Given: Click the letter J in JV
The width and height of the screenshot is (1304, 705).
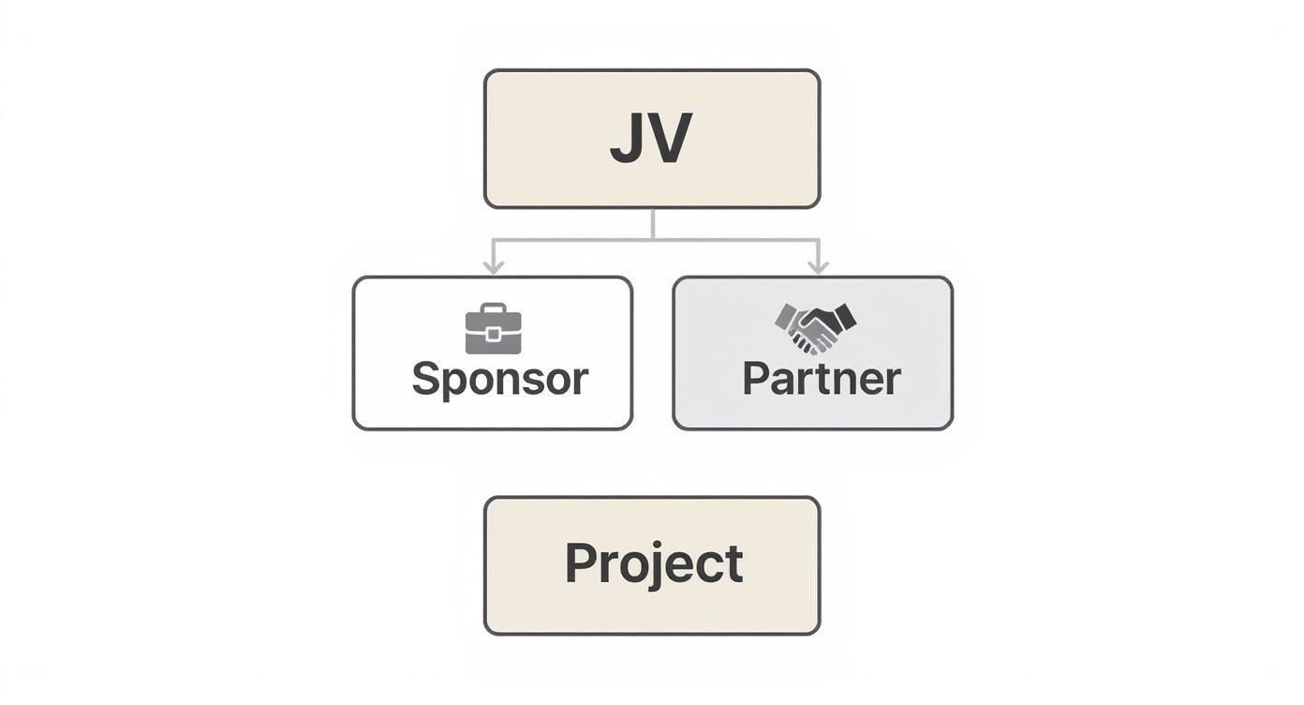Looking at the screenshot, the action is point(626,141).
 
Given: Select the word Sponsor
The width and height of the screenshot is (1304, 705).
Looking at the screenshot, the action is point(500,379).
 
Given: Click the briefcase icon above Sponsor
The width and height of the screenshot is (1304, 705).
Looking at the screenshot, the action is point(493,329).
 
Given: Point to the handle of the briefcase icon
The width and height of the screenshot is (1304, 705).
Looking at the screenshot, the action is point(493,308).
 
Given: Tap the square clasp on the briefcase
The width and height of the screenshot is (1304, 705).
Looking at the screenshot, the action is point(493,334).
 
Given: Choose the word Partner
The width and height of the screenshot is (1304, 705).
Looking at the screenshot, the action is point(821,379).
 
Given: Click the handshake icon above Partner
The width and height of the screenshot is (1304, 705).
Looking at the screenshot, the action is point(814,327).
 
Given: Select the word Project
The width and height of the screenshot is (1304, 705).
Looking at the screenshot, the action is point(653,563).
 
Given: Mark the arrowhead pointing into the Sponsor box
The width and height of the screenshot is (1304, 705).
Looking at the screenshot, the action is point(493,268).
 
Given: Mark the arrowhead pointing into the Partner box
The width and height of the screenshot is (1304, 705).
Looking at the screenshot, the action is point(818,268).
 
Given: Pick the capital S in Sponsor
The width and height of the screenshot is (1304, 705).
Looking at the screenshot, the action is point(427,379).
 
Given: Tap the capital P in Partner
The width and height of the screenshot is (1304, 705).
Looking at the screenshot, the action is point(757,379).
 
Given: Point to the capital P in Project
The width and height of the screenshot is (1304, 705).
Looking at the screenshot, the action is point(581,563).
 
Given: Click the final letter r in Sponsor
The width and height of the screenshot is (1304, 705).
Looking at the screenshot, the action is point(580,382).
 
